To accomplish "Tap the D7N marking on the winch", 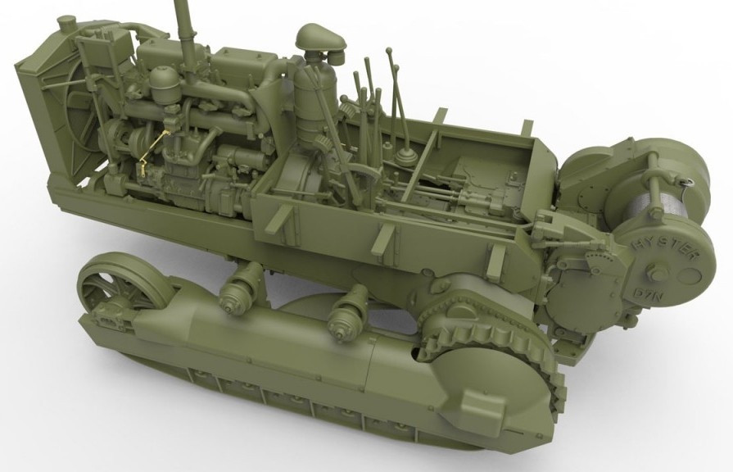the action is coord(645,294).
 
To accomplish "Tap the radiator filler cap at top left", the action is coord(66,24).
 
